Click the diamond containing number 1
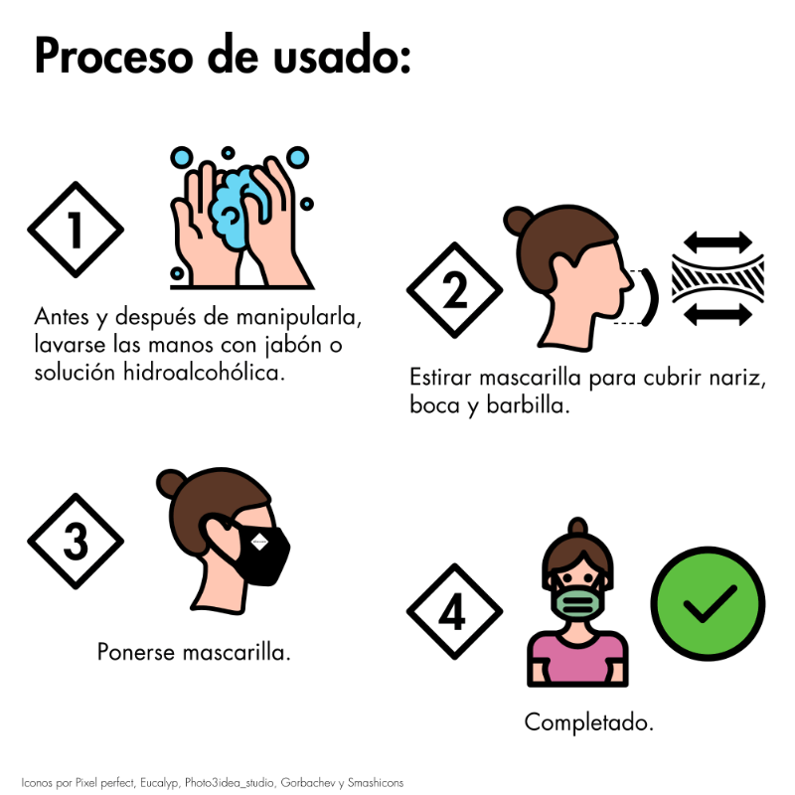(76, 230)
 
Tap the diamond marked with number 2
(455, 290)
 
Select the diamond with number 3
(76, 541)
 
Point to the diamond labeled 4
(455, 611)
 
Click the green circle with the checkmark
(709, 603)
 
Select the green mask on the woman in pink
(578, 602)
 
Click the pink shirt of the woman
(577, 658)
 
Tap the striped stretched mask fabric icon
(717, 279)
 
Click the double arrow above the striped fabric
(717, 241)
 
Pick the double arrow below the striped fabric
(717, 315)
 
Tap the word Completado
(588, 723)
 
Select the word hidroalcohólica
(204, 372)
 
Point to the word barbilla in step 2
(529, 405)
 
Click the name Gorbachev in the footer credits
(308, 783)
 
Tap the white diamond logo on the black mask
(259, 542)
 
